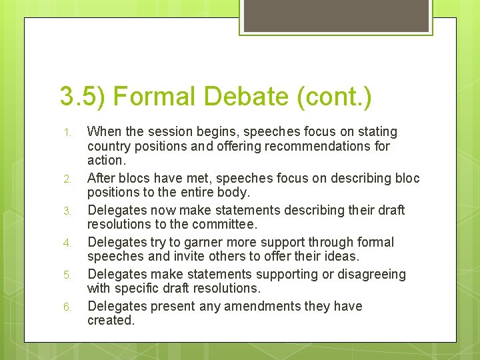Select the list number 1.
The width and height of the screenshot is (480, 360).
(x=67, y=133)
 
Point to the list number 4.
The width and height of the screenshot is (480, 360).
(x=67, y=243)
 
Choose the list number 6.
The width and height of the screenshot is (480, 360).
(x=67, y=307)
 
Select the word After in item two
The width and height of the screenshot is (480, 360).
(x=102, y=178)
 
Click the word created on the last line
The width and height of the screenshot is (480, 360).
(x=111, y=320)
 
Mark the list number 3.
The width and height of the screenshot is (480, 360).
(x=67, y=211)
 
